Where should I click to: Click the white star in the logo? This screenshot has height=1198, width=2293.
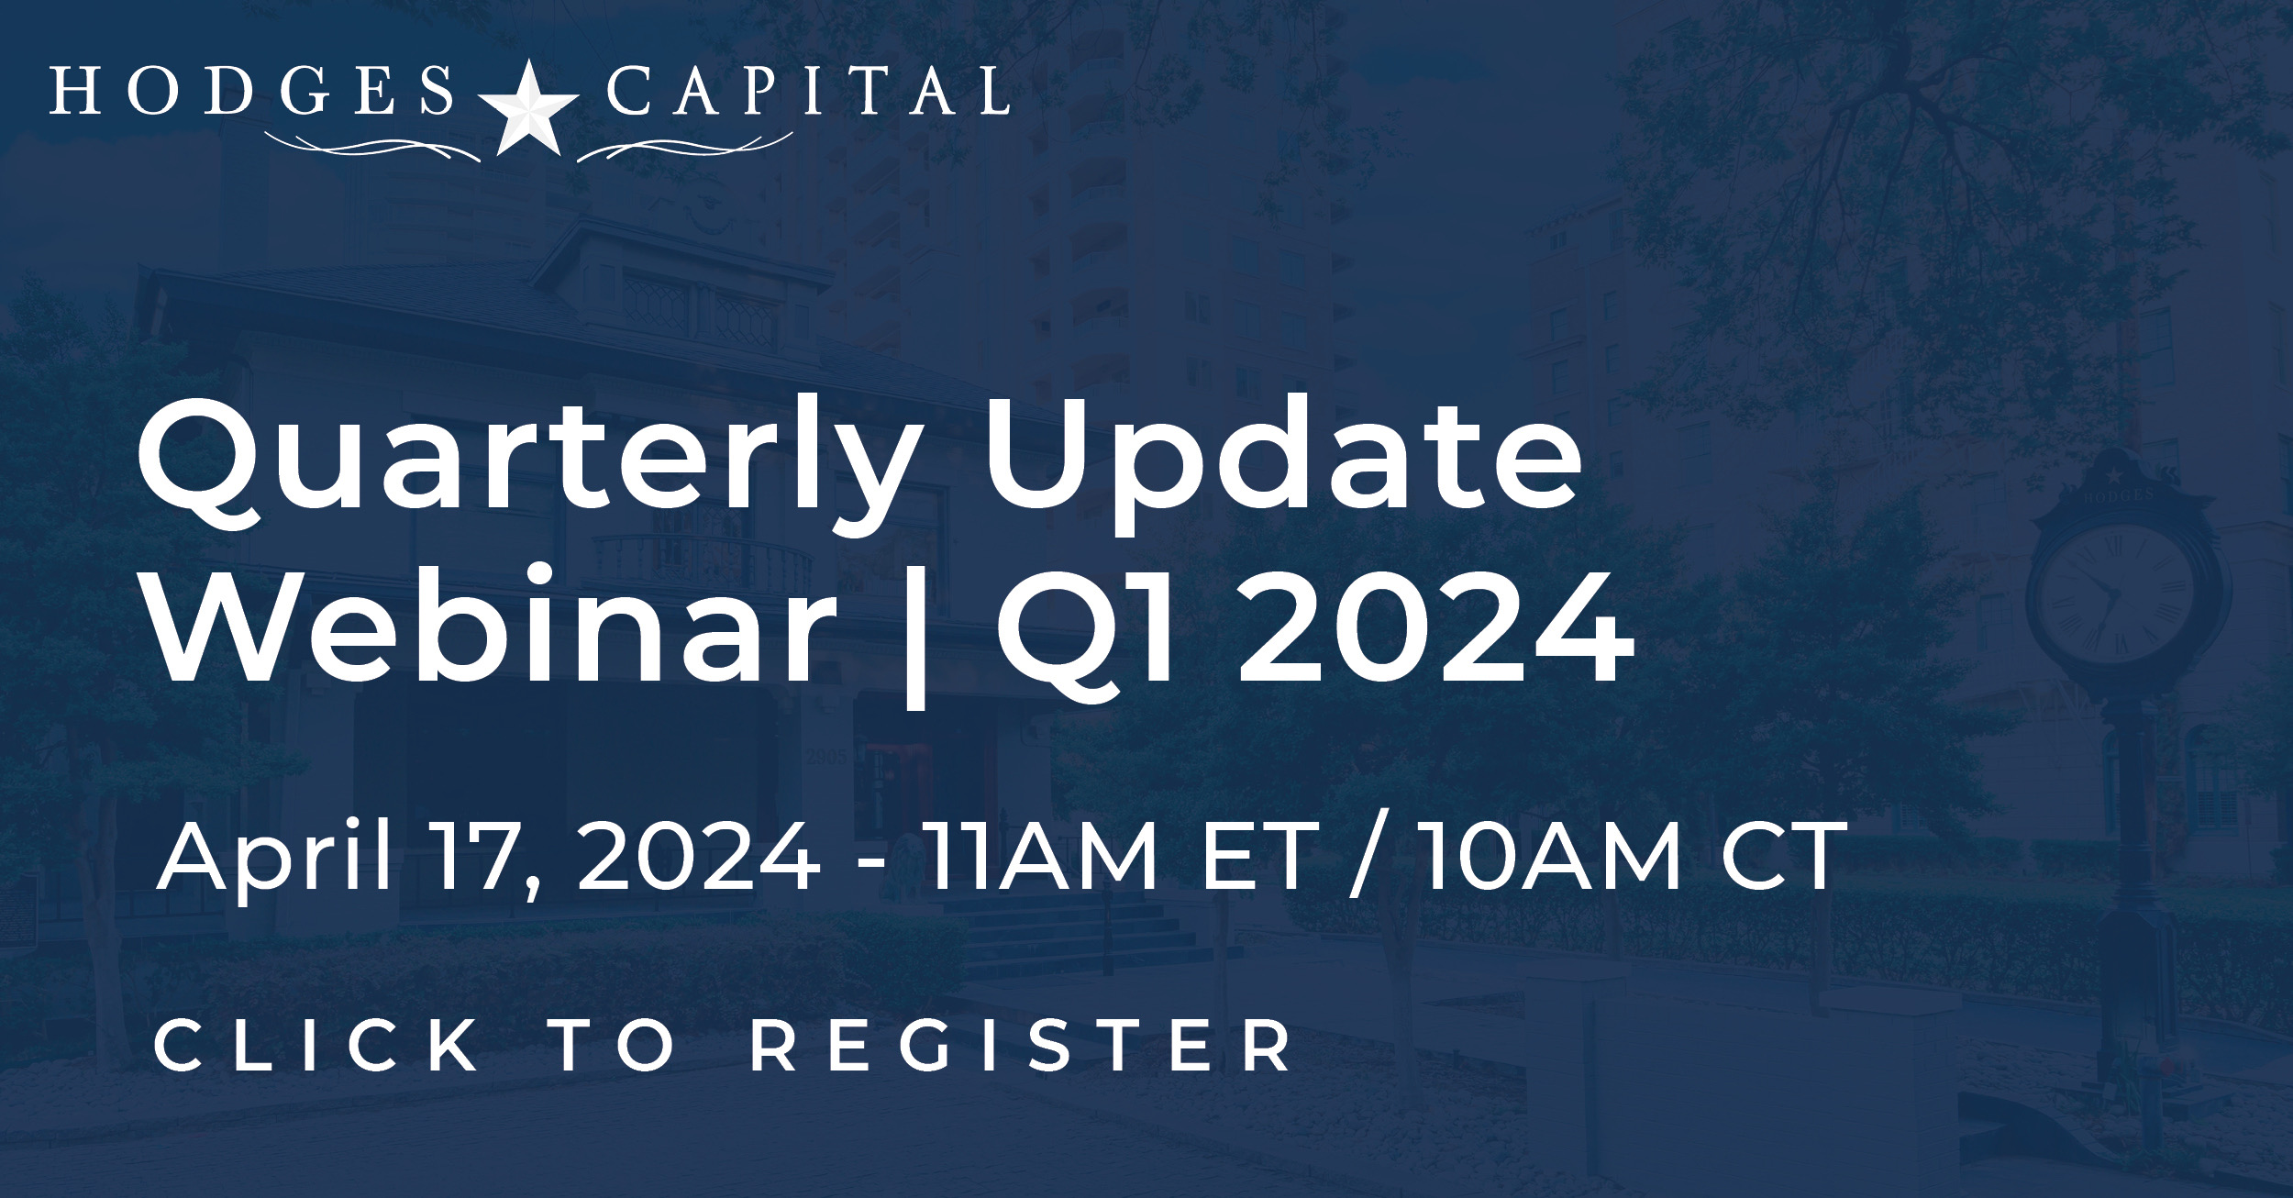528,107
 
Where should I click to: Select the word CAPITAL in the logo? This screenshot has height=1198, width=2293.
808,91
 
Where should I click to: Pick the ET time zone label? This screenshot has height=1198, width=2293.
1259,858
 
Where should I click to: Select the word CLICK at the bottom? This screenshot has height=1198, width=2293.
317,1046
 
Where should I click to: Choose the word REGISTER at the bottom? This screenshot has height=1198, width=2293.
1021,1046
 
